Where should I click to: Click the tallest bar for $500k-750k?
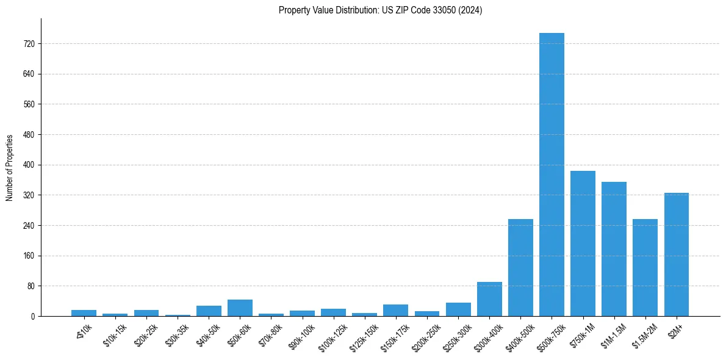point(552,175)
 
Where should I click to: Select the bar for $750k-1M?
point(583,243)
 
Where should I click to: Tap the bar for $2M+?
point(676,254)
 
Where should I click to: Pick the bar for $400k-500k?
point(520,267)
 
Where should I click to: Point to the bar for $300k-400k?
point(489,299)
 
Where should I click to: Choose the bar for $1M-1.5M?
point(614,249)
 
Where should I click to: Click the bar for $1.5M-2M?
point(645,267)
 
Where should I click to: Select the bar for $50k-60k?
point(240,308)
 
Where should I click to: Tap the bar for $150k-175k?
point(395,311)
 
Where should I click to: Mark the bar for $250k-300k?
point(458,309)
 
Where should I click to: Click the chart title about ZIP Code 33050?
point(380,10)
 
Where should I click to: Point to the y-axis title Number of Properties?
point(10,167)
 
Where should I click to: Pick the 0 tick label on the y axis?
point(33,317)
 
